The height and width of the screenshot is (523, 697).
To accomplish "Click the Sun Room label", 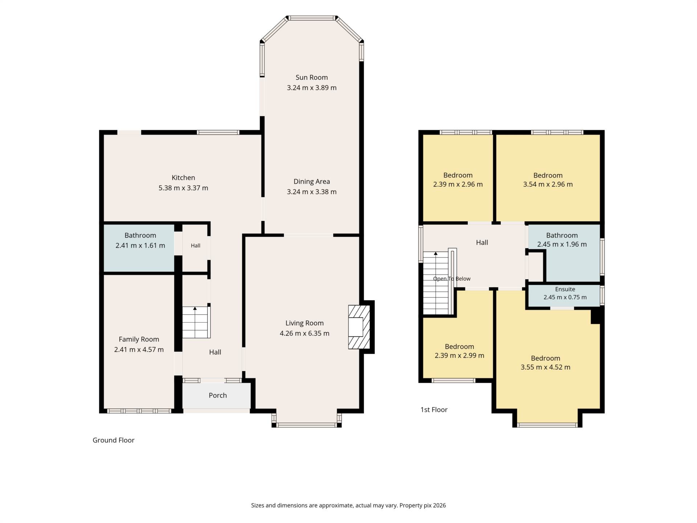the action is point(311,77).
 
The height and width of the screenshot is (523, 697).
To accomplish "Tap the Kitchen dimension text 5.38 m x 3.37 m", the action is point(183,188).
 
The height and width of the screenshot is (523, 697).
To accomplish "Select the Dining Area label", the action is point(311,182).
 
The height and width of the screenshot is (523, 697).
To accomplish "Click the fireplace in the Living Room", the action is point(359,327).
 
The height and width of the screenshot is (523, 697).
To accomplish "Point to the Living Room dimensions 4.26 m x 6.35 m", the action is point(304,333).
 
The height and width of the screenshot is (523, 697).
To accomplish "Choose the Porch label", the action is point(218,395).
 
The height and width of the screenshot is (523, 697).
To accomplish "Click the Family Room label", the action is point(139,339).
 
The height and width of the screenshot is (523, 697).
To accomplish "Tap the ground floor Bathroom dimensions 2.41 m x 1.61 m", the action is point(140,246).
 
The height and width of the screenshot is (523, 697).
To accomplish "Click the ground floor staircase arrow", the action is point(195,308).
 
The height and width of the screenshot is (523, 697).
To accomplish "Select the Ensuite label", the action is point(565,289).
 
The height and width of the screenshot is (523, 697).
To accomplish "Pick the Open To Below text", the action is point(452,279).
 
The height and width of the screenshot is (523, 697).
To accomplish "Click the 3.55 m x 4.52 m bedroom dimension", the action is point(545,367).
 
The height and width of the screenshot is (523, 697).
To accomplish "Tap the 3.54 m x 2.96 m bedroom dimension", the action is point(548,185).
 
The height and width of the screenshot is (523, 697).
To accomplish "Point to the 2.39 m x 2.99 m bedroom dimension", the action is point(459,356).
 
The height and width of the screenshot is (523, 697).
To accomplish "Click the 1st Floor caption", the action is point(434,410).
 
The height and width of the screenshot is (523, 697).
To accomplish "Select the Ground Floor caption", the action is point(113,440).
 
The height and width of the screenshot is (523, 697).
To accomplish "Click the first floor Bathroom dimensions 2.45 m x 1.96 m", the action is point(562,244).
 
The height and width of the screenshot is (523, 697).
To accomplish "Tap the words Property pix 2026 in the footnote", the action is point(423,505).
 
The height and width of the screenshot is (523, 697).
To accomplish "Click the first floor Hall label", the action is point(482,243).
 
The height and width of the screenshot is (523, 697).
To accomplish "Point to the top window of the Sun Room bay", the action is point(312,18).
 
